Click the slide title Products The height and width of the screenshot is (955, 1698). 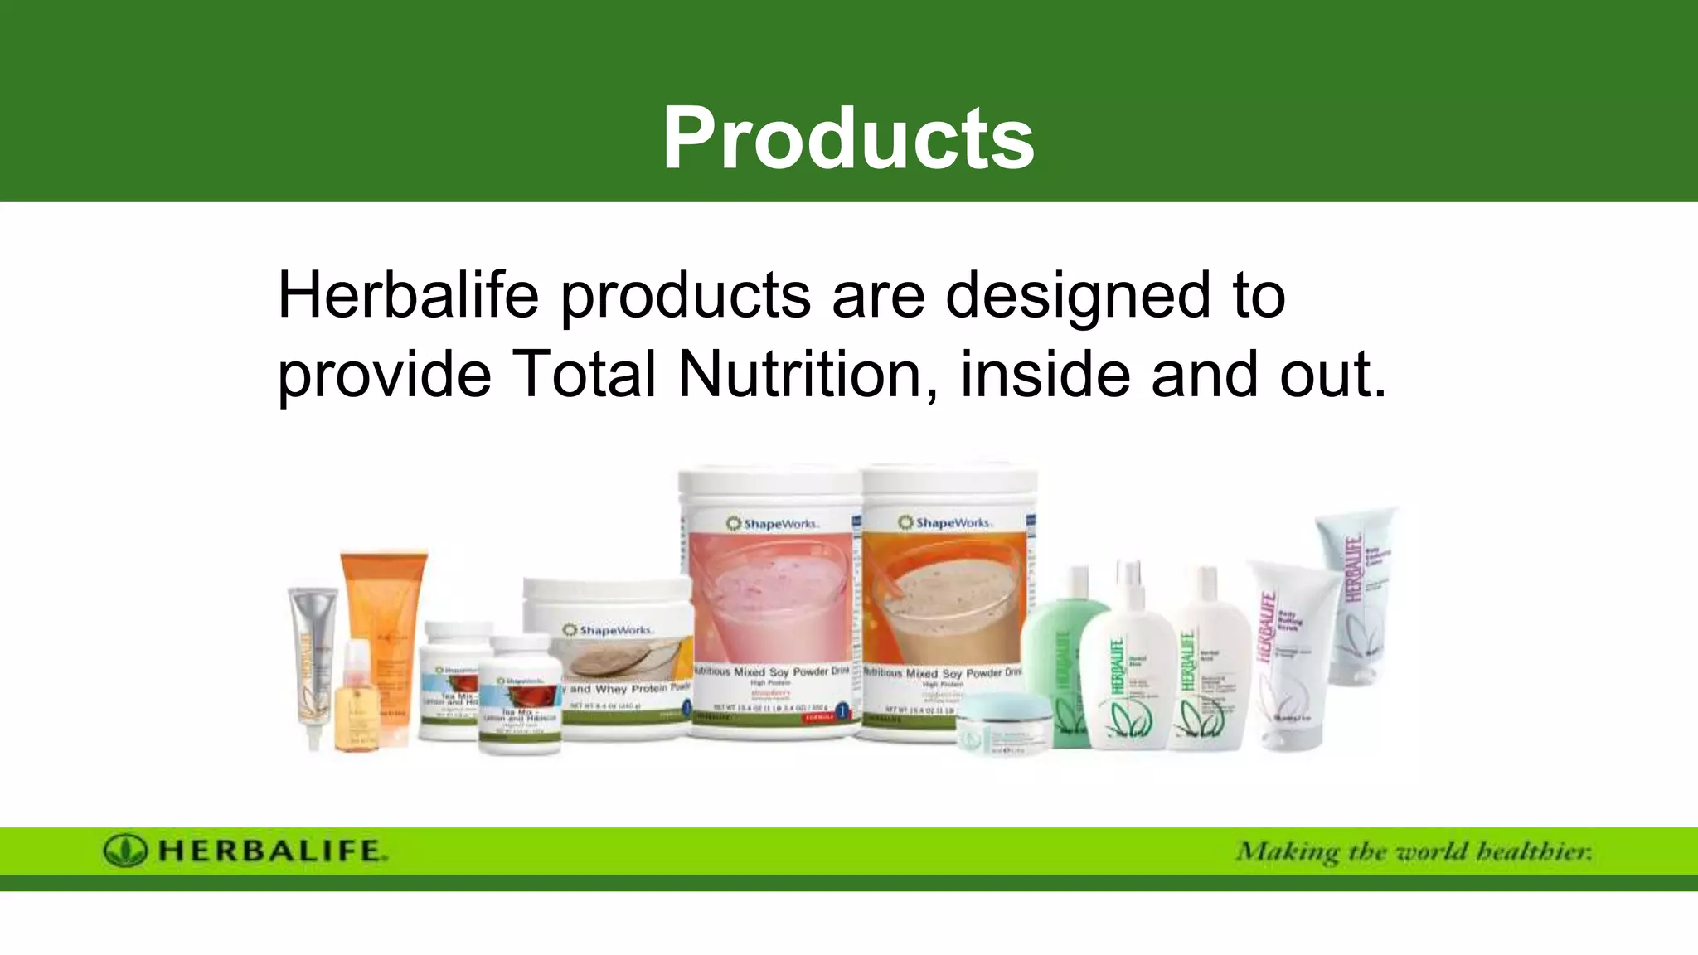848,138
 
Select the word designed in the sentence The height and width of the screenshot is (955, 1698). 1078,297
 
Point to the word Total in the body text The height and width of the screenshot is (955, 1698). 585,375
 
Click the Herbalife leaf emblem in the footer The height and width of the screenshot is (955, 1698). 125,851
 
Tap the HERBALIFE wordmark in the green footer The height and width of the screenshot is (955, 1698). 272,851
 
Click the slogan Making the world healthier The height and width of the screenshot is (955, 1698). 1414,852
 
